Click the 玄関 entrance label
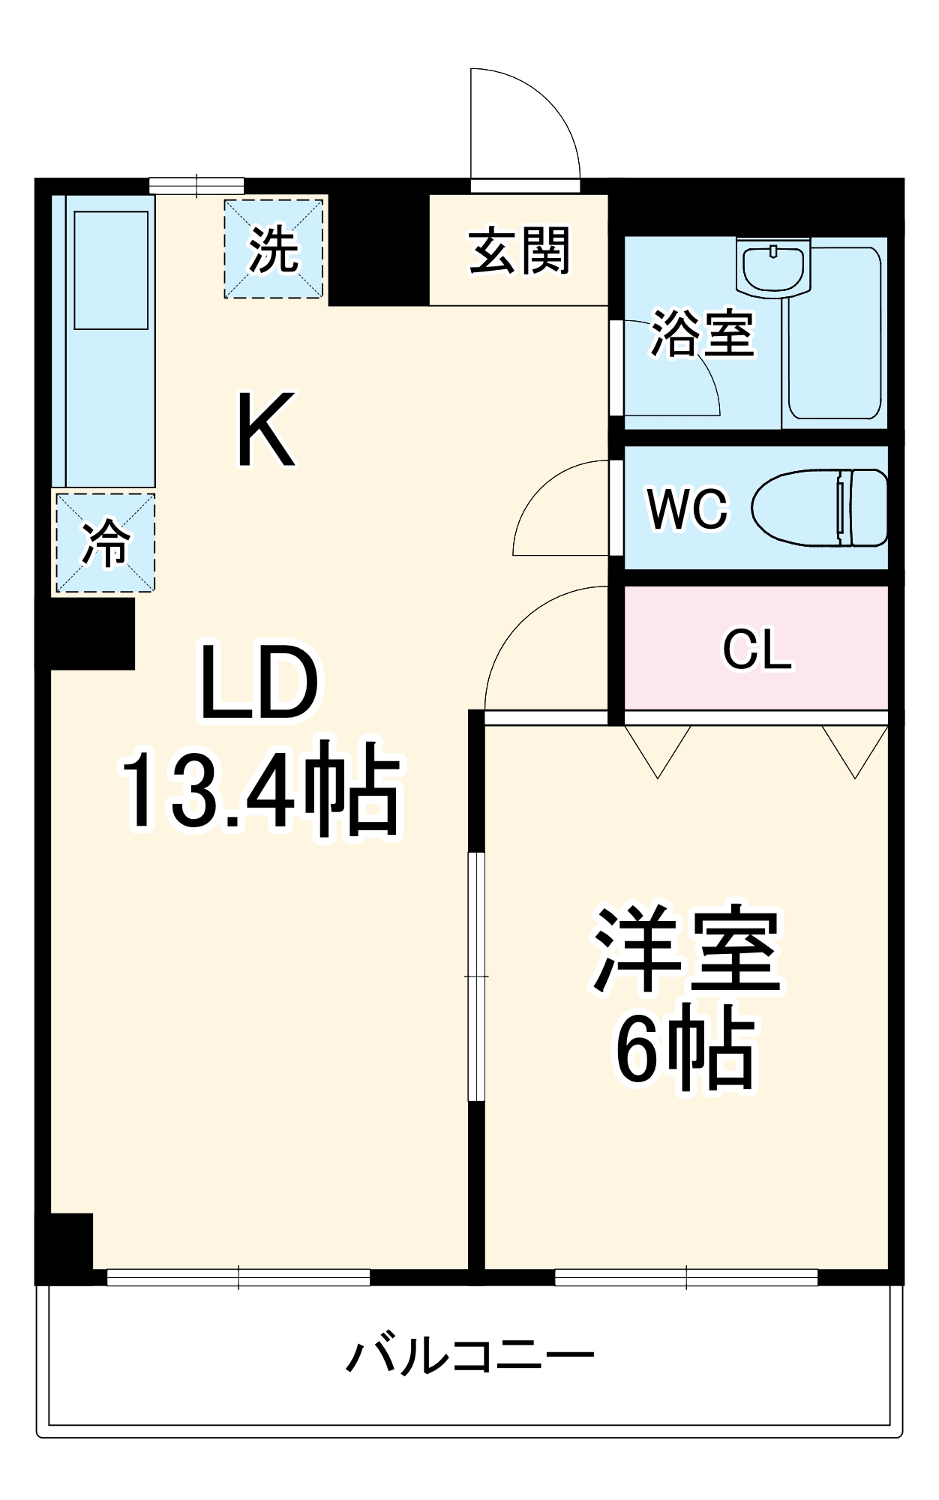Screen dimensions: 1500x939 519,250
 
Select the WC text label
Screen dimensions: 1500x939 687,509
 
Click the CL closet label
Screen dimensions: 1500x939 757,649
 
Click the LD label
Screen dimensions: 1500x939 259,681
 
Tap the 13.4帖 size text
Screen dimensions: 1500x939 260,787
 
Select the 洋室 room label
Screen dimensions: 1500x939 687,950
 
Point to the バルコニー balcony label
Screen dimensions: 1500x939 470,1355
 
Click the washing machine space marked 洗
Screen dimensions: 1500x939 274,248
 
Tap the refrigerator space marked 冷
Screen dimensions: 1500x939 105,542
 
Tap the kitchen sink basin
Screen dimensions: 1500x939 111,270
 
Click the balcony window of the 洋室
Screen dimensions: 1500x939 686,1276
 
